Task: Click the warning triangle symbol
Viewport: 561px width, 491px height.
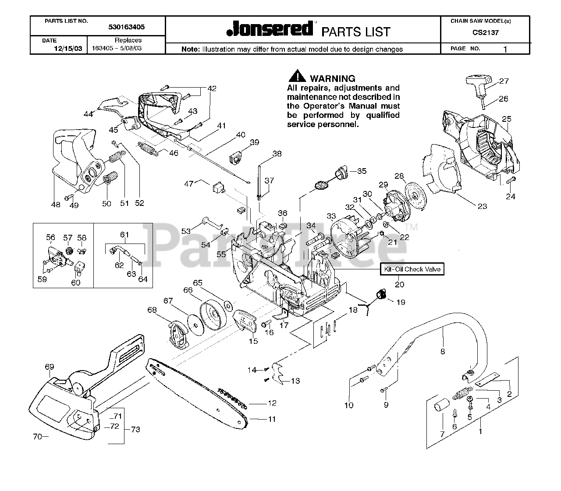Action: (297, 76)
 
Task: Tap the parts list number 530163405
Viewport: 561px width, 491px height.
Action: (127, 27)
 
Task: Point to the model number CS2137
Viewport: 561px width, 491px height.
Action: (485, 32)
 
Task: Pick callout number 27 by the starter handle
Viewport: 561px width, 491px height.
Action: (504, 81)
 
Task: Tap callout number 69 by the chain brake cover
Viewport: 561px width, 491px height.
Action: (49, 366)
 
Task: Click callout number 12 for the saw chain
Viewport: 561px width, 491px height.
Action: (272, 403)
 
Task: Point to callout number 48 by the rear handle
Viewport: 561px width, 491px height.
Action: (56, 204)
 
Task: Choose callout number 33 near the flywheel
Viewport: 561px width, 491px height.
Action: (331, 216)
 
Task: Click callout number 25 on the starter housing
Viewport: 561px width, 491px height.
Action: (507, 119)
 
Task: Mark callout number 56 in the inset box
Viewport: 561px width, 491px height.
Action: (51, 237)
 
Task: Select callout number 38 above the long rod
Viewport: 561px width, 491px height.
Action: (277, 154)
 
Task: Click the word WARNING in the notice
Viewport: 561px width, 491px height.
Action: (333, 79)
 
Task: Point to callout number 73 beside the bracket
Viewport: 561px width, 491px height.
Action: (135, 429)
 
